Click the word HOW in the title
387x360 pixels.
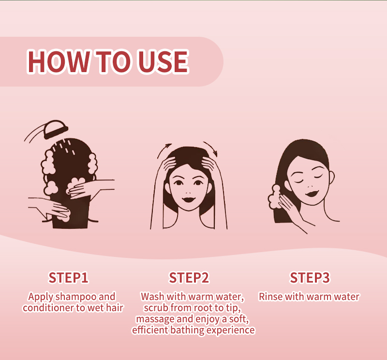click(x=58, y=61)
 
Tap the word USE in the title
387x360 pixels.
click(x=163, y=61)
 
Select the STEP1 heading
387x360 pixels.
click(x=68, y=278)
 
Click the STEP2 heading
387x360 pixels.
click(x=189, y=278)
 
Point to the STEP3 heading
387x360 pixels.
click(x=310, y=278)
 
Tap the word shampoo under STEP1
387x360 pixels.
click(x=75, y=297)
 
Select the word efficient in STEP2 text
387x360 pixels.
click(x=150, y=330)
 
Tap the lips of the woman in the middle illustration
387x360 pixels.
click(x=188, y=199)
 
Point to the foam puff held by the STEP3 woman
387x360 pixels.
click(x=274, y=197)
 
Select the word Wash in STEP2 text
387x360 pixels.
click(x=152, y=297)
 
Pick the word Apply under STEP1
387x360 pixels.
click(x=41, y=297)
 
